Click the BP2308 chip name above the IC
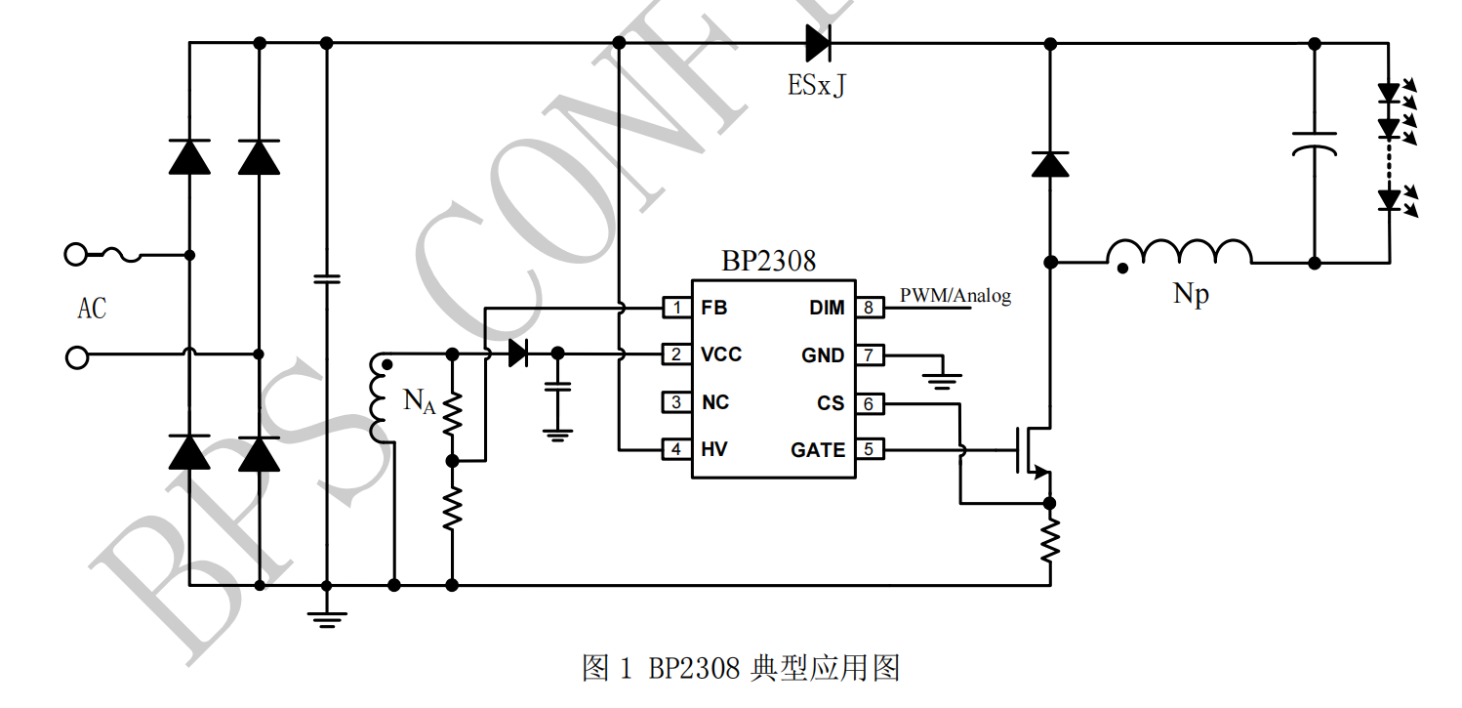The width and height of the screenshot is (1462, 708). pos(768,262)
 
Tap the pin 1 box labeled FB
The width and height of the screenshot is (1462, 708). pos(675,308)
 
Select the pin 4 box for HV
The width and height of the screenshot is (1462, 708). pos(675,450)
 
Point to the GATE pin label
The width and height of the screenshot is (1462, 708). pos(818,450)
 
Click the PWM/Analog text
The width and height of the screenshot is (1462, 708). pos(954,295)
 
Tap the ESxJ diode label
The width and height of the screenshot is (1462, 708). pos(817,86)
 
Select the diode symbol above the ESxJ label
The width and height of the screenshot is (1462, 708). pos(817,43)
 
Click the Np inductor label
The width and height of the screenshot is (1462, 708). pos(1191,294)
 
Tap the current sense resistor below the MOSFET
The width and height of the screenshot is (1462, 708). pos(1050,540)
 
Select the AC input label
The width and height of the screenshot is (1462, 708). pos(92,309)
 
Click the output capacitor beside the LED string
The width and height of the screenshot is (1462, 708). pos(1314,144)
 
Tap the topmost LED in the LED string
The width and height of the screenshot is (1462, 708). pos(1390,94)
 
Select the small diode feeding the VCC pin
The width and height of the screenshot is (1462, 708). pos(518,354)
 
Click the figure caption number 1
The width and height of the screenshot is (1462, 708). pos(627,669)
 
